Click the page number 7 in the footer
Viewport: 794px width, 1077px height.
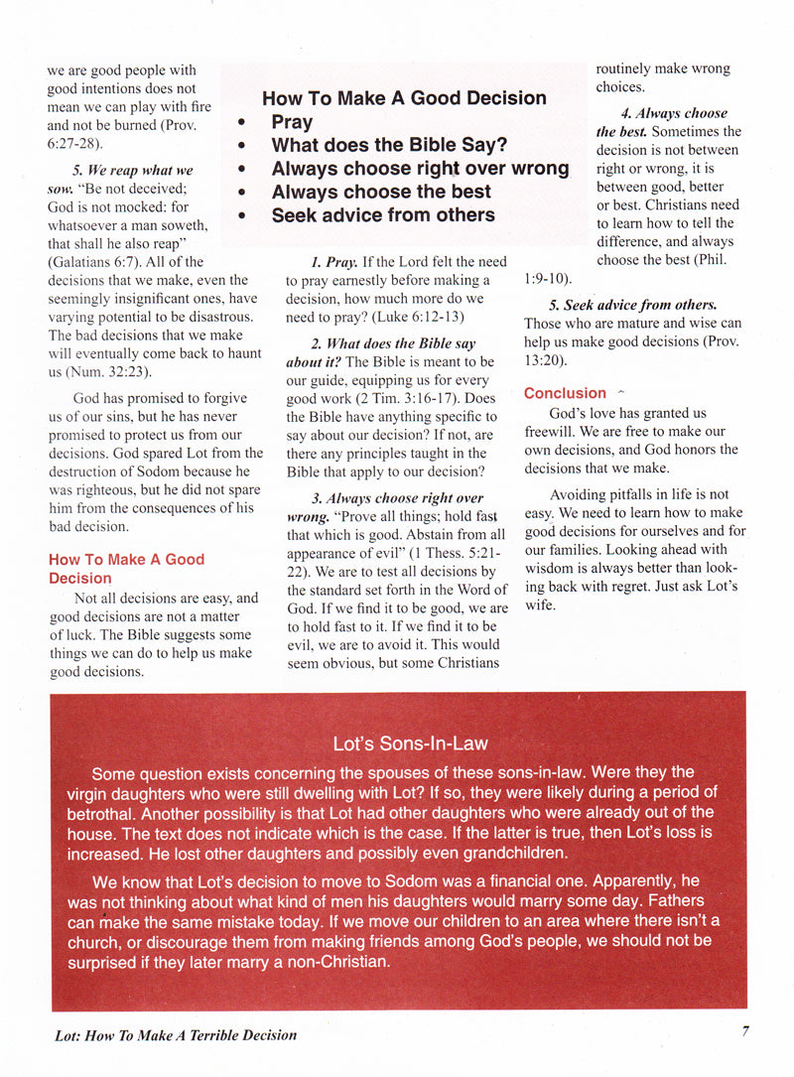[744, 1030]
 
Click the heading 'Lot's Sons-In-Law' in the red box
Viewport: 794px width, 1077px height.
[410, 743]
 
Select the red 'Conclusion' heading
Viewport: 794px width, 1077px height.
[565, 393]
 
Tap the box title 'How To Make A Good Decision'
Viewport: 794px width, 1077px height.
[404, 97]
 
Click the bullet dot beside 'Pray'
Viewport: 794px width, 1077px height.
[242, 123]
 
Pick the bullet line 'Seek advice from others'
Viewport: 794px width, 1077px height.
[383, 214]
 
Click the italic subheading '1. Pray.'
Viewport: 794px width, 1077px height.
[333, 262]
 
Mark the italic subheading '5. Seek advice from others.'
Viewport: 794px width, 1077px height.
[633, 305]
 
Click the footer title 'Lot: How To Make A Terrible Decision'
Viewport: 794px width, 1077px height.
[176, 1034]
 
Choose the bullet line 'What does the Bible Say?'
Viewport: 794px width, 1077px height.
[389, 145]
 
